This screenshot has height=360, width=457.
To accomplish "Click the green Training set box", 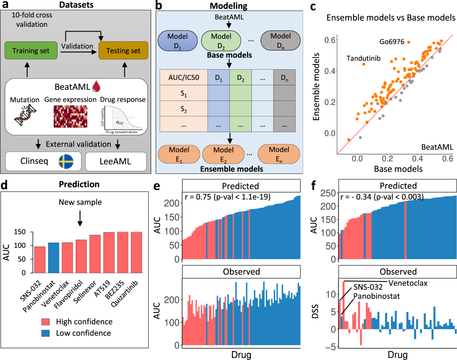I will (x=31, y=51).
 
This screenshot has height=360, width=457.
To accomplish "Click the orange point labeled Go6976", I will (x=409, y=42).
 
